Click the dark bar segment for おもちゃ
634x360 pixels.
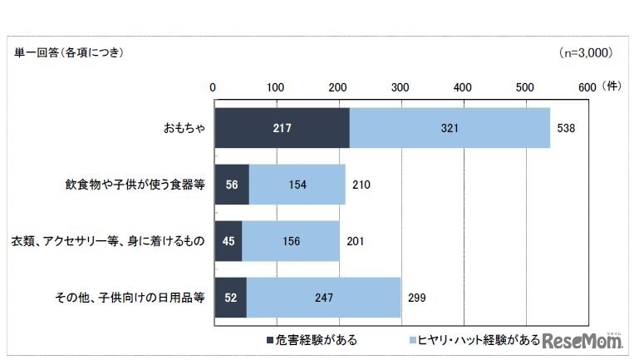click(x=281, y=129)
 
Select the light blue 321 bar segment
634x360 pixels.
click(x=449, y=129)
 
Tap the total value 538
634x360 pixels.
click(x=565, y=129)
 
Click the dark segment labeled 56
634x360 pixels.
click(x=231, y=185)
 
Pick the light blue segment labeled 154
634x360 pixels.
click(x=297, y=185)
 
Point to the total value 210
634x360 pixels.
click(x=361, y=185)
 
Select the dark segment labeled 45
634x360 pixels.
click(x=228, y=241)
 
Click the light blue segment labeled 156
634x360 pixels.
click(x=291, y=241)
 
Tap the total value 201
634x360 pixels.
click(x=354, y=241)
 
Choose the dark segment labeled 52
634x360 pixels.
click(x=230, y=297)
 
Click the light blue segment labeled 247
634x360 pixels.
click(x=323, y=297)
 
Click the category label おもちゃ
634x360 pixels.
click(x=184, y=130)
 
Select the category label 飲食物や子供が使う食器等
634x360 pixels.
click(x=145, y=185)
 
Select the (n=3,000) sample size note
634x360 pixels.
click(x=586, y=52)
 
